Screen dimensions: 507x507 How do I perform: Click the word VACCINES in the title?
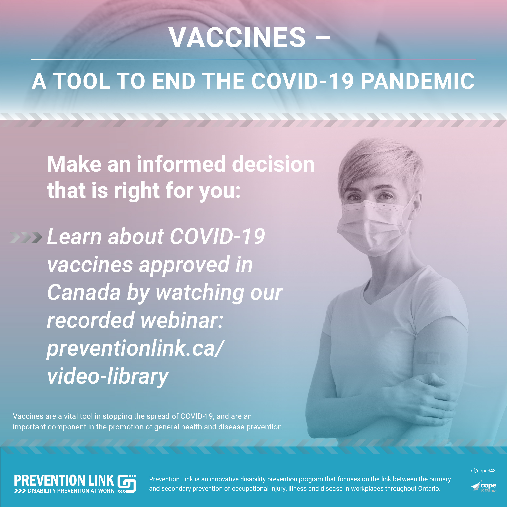[x=237, y=37]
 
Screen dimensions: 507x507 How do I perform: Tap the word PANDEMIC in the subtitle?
[x=418, y=81]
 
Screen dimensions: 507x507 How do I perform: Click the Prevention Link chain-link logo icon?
[x=127, y=483]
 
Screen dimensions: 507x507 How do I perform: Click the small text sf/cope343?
[x=483, y=471]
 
